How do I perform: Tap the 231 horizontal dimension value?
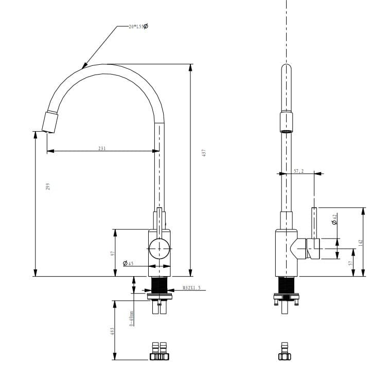click(102, 148)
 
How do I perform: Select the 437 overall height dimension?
click(204, 153)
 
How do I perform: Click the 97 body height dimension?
click(112, 253)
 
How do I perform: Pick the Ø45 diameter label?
click(128, 263)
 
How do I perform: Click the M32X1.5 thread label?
click(191, 289)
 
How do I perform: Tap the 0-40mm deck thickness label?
click(132, 318)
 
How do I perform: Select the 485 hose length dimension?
click(112, 332)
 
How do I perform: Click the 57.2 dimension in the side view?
click(299, 171)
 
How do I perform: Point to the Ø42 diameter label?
click(334, 219)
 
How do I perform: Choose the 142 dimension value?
click(360, 242)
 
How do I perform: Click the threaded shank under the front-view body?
click(160, 285)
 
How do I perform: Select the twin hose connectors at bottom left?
click(160, 351)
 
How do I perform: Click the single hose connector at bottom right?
click(285, 351)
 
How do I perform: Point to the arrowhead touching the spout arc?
click(84, 66)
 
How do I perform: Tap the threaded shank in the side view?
click(286, 285)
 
